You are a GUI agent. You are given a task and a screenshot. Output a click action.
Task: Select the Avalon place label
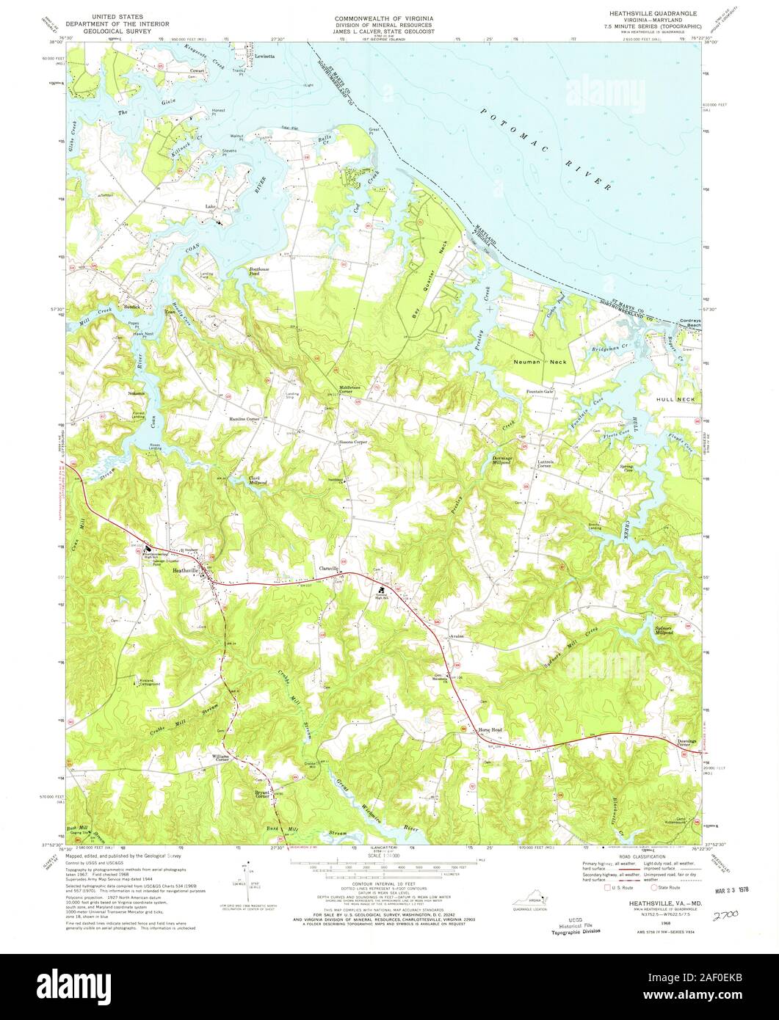point(458,636)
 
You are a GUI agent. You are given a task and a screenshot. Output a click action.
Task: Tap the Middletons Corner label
point(352,390)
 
